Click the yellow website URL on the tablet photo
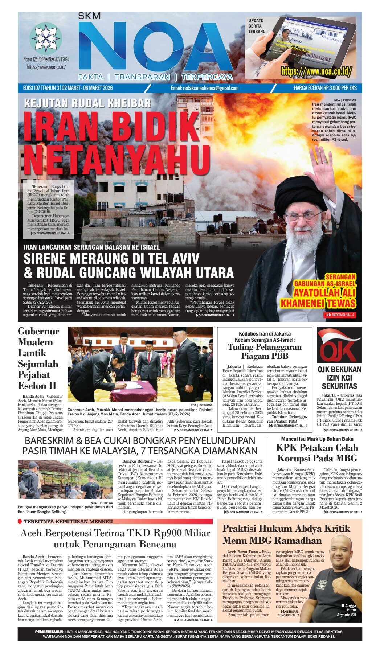pyautogui.click(x=316, y=71)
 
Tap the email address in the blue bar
pyautogui.click(x=205, y=88)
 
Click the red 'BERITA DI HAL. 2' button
pyautogui.click(x=340, y=315)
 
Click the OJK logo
pyautogui.click(x=339, y=345)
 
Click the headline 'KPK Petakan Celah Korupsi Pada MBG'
pyautogui.click(x=317, y=452)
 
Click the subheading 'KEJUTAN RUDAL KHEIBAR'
pyautogui.click(x=87, y=103)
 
